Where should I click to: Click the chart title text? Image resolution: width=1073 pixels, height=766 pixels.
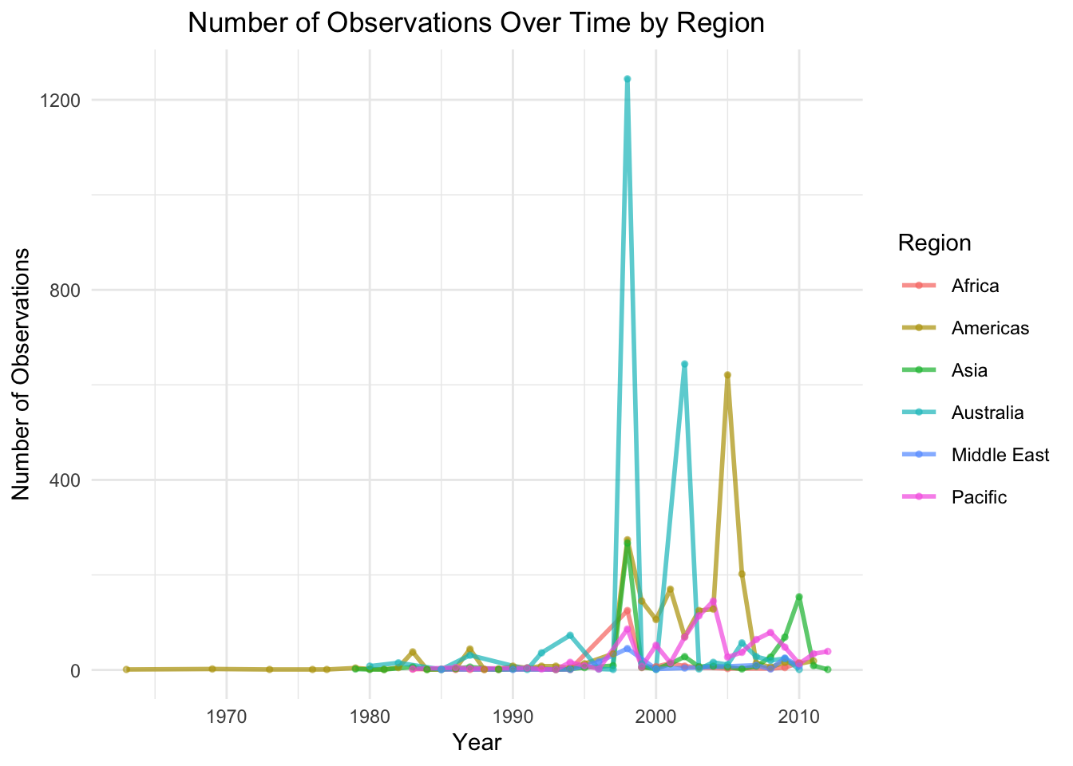tap(476, 23)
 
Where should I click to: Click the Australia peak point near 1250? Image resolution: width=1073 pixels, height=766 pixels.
tap(628, 79)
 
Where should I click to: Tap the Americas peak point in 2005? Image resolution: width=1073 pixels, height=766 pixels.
tap(727, 375)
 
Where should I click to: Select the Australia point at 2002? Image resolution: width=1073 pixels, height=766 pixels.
tap(684, 364)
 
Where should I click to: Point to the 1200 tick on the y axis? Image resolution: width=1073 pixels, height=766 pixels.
tap(66, 101)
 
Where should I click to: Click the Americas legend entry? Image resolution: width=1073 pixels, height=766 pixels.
tap(990, 328)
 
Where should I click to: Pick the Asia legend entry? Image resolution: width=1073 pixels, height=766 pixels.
tap(969, 370)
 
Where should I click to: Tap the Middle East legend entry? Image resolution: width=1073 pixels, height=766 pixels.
tap(1000, 455)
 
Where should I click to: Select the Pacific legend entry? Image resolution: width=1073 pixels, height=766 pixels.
tap(979, 497)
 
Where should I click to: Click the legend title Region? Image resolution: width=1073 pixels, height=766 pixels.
tap(934, 243)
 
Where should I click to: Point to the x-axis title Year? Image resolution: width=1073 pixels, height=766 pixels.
tap(477, 743)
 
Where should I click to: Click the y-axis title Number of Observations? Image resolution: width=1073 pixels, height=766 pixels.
tap(22, 373)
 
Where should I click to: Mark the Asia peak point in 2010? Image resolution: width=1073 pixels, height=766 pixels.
tap(799, 597)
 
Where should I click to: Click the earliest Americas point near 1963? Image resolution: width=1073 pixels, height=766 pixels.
tap(126, 669)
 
